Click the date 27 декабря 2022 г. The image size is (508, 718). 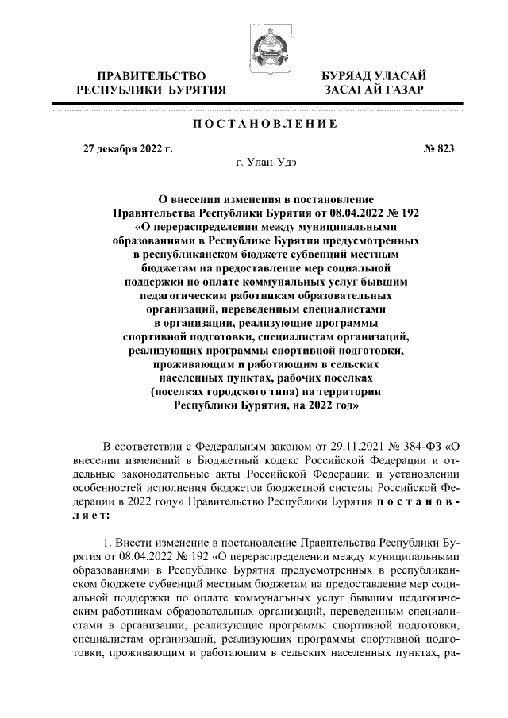(128, 148)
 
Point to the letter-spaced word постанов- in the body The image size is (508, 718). (406, 505)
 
